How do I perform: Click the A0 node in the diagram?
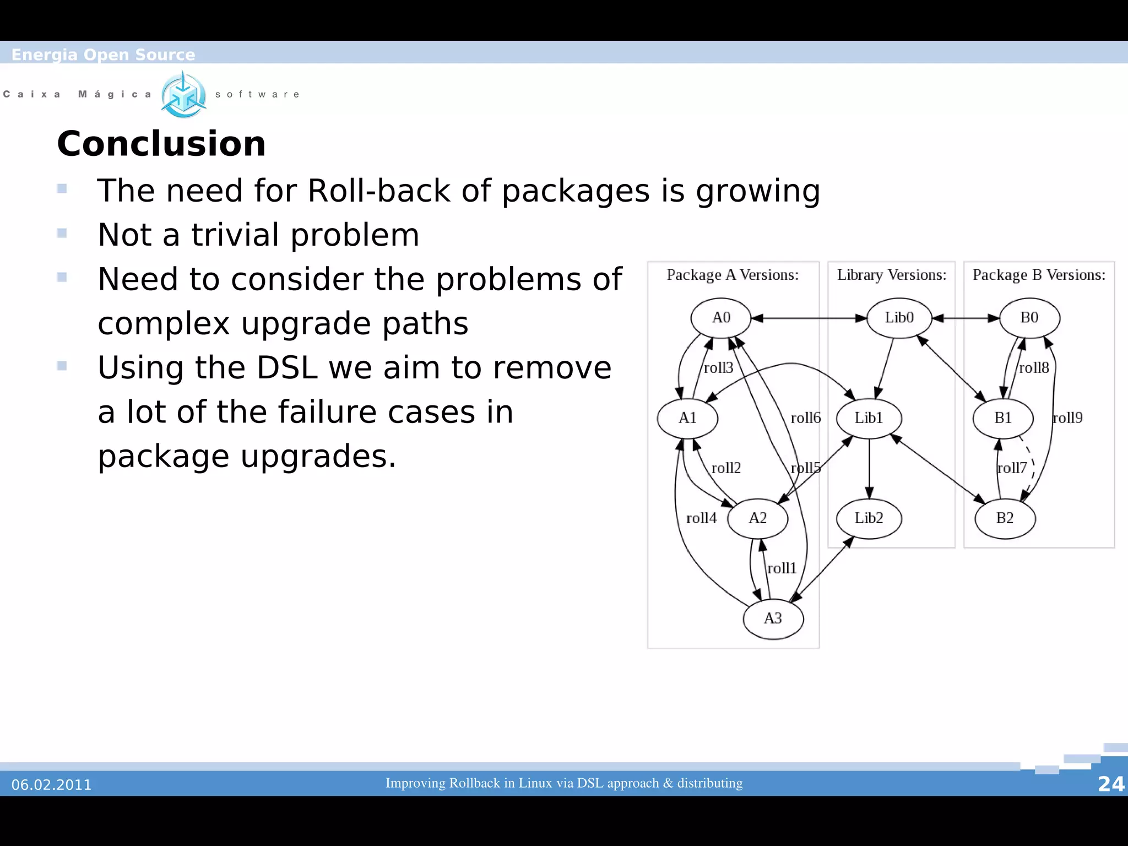721,318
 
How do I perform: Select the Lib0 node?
899,318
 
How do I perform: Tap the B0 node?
1029,318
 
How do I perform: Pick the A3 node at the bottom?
773,619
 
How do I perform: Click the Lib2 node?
869,518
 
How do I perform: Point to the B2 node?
1005,518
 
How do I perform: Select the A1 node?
687,418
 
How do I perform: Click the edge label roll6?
806,418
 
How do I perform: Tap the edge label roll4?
701,518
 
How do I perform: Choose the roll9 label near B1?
1067,418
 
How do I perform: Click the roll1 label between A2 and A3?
782,568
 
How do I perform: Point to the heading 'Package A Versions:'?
733,275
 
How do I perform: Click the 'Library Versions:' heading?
892,275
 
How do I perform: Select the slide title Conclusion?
161,144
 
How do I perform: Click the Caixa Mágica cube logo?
184,95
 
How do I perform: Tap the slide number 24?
1111,784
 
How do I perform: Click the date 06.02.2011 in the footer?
52,785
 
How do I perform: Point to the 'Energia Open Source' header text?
104,55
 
